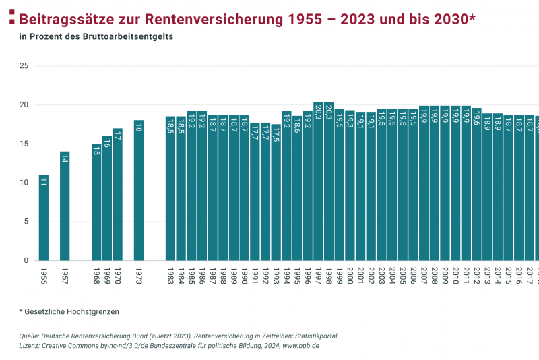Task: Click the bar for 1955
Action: [43, 218]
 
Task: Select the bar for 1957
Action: [65, 206]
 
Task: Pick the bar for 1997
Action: [318, 182]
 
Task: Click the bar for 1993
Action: [276, 193]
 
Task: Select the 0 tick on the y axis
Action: [26, 261]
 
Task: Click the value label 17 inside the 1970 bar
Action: [117, 135]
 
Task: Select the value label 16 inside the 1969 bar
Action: [106, 143]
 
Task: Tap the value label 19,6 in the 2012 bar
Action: [476, 119]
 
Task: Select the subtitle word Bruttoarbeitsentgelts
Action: [130, 36]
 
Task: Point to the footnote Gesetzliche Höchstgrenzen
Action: [71, 311]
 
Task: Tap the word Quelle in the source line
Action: [29, 336]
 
